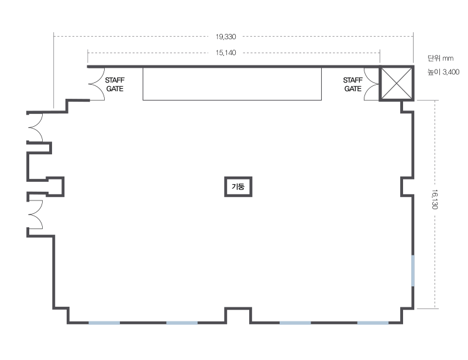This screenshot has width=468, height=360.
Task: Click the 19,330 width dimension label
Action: coord(226,37)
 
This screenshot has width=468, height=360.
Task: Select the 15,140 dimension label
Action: coord(226,53)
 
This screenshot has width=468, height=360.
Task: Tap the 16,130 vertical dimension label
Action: coord(435,199)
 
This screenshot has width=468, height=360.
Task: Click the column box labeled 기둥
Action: coord(238,186)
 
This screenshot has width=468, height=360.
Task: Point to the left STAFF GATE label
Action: coord(115,84)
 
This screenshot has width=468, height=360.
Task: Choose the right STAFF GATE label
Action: coord(353,84)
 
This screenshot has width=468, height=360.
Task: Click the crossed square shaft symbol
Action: coord(397,83)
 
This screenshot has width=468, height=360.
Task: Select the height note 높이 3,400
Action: coord(443,72)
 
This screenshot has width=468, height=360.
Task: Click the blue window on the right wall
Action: coord(413,271)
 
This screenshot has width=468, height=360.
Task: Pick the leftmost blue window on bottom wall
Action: coord(104,323)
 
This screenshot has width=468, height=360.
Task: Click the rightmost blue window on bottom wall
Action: coord(373,323)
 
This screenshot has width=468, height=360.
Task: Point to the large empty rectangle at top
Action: coord(232,84)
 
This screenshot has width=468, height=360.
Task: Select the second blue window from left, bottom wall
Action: coord(182,323)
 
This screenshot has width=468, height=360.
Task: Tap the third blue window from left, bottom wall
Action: coord(295,323)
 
